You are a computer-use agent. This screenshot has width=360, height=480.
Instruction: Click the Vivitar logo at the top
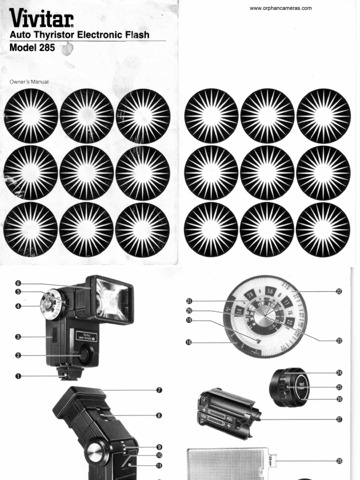pyautogui.click(x=41, y=19)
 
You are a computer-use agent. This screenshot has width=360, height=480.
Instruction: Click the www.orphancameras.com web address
pyautogui.click(x=280, y=8)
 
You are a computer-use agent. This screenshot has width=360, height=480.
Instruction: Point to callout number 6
pyautogui.click(x=18, y=283)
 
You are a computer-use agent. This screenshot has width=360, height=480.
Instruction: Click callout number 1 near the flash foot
pyautogui.click(x=18, y=376)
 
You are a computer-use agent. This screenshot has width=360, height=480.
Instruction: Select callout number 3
pyautogui.click(x=18, y=337)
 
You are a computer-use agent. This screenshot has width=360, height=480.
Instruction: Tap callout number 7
pyautogui.click(x=159, y=390)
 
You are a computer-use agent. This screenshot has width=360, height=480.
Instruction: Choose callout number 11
pyautogui.click(x=159, y=465)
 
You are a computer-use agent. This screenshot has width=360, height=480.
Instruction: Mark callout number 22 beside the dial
pyautogui.click(x=338, y=291)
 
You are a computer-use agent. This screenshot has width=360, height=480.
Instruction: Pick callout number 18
pyautogui.click(x=189, y=343)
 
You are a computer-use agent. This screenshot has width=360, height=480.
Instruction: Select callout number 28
pyautogui.click(x=338, y=461)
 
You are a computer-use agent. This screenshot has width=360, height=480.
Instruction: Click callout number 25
pyautogui.click(x=338, y=387)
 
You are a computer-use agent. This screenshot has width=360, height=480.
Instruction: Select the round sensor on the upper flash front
pyautogui.click(x=84, y=355)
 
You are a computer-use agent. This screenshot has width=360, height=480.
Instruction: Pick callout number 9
pyautogui.click(x=159, y=447)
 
